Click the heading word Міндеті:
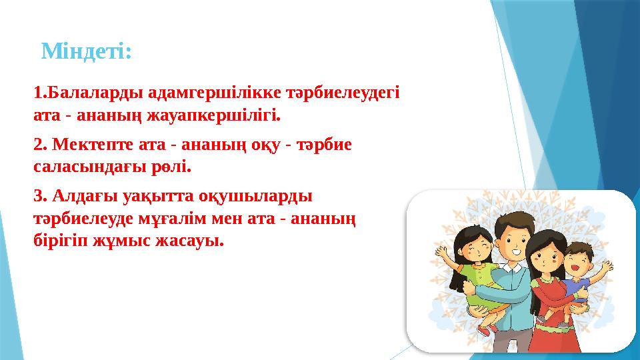86,51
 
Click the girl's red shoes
486,328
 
